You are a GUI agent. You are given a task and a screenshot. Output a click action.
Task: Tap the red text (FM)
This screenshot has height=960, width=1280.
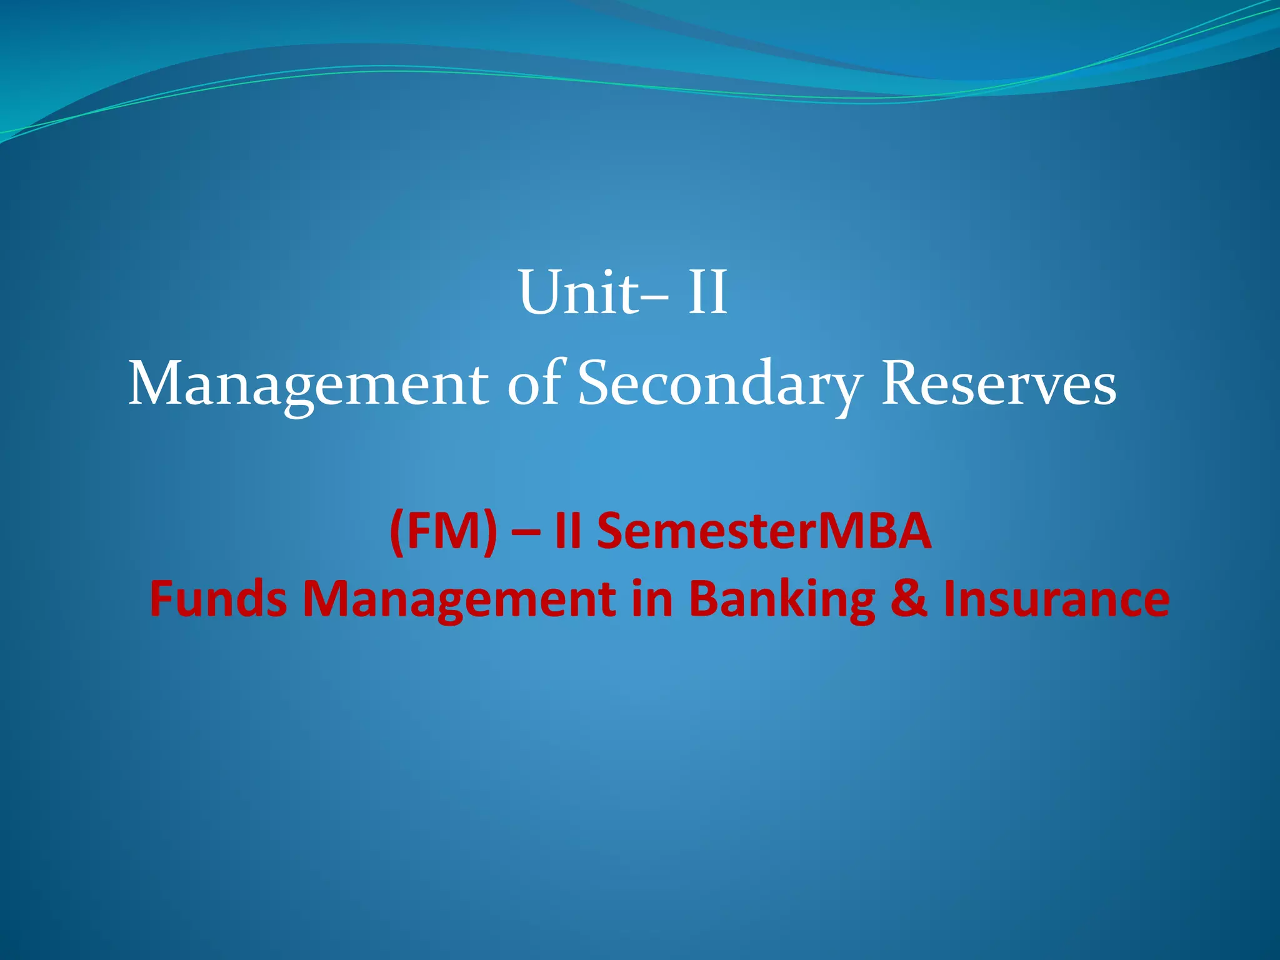pyautogui.click(x=443, y=531)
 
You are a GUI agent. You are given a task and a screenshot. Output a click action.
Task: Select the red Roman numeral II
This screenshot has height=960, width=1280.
pyautogui.click(x=568, y=531)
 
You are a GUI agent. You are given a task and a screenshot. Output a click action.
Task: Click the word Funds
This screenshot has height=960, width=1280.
pyautogui.click(x=218, y=598)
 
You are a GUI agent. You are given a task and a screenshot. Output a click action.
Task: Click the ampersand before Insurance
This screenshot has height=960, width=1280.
pyautogui.click(x=909, y=599)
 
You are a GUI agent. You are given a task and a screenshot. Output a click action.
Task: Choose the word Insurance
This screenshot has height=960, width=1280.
pyautogui.click(x=1056, y=599)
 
